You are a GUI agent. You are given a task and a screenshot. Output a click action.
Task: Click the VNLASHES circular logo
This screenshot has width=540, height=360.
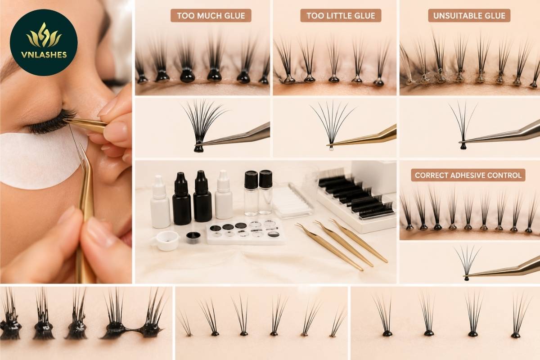[x=44, y=42]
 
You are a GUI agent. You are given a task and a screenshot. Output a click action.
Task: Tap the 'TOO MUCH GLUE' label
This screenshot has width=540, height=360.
[x=211, y=16]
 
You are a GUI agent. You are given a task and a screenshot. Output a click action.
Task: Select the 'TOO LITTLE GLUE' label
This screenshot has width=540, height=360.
[x=341, y=16]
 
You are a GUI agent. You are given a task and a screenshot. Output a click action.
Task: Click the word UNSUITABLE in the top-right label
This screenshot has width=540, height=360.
[x=453, y=16]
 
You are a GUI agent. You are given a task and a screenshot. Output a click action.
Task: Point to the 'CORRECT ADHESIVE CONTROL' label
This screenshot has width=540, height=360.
[x=468, y=175]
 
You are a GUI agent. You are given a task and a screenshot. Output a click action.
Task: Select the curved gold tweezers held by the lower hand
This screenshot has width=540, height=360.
[x=85, y=212]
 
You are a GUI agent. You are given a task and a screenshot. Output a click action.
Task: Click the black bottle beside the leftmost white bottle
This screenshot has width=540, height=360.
[x=181, y=199]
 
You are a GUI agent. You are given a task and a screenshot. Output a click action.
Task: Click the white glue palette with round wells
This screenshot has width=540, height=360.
[x=245, y=231]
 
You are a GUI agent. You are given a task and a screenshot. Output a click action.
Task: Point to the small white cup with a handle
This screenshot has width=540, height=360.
[x=166, y=240]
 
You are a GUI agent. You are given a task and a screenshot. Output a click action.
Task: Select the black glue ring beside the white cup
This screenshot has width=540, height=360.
[x=193, y=237]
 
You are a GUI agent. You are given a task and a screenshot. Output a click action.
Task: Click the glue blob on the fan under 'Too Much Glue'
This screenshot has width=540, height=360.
[x=198, y=147]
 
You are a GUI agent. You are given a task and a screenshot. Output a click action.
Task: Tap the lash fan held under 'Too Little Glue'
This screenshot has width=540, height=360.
[x=333, y=122]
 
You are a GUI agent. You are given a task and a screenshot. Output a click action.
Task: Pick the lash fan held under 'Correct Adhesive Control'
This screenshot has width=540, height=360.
[x=467, y=261]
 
